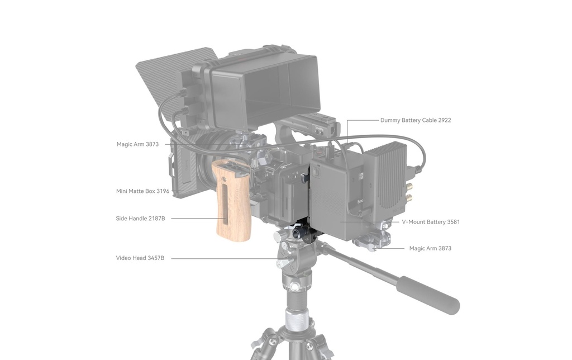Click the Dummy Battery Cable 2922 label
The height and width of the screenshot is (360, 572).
click(416, 120)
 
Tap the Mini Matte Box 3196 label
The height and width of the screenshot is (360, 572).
click(142, 191)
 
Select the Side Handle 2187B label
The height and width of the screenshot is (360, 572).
click(140, 219)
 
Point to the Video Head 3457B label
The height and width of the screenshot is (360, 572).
click(140, 258)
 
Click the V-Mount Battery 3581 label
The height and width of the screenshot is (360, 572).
click(431, 221)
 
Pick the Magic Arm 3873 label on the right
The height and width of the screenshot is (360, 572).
click(430, 248)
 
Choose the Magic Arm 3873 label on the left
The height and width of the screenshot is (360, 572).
click(137, 144)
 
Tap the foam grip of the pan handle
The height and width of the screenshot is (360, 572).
click(428, 294)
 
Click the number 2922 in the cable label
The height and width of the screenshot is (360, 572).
click(444, 120)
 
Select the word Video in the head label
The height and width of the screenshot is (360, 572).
click(123, 258)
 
